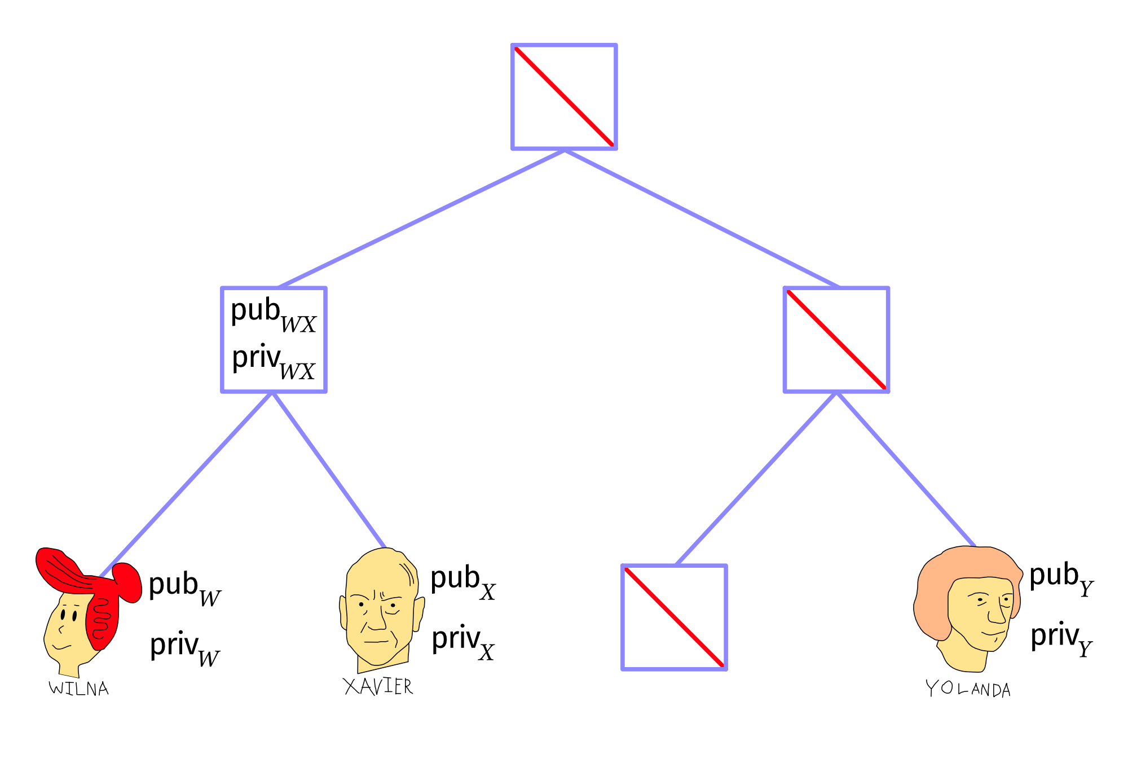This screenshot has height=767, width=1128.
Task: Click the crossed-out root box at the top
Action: coord(564,97)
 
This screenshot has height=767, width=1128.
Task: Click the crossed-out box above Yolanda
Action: coord(836,340)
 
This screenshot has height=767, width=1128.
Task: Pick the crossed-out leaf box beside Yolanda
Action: coord(674,617)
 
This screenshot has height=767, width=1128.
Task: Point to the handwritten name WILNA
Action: coord(78,689)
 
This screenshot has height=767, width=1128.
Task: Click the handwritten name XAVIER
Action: coord(378,686)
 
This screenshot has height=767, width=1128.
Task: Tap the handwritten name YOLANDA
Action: coord(968,689)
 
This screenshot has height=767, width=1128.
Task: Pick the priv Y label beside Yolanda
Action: coord(1061,640)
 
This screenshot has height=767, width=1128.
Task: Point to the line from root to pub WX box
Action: coord(422,218)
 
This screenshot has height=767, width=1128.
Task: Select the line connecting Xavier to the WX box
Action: coord(329,470)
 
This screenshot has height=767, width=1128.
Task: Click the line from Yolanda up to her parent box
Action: coord(906,469)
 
